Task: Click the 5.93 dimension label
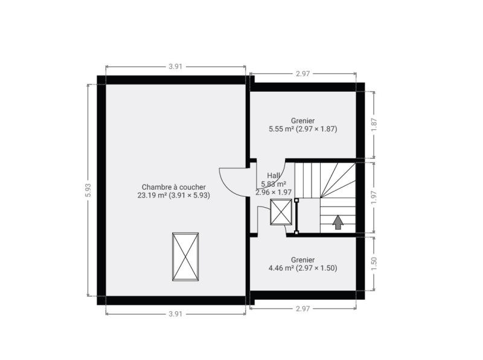coord(88,190)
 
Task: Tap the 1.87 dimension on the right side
coord(374,124)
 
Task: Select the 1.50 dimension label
coord(374,264)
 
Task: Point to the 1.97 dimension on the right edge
coord(374,198)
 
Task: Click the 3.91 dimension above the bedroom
coord(176,66)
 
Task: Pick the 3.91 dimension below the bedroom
coord(176,313)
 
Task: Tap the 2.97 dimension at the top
coord(302,74)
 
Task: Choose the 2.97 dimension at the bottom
coord(302,309)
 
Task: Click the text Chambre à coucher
coord(174,187)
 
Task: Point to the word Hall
coord(273,176)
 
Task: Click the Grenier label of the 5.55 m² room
coord(303,121)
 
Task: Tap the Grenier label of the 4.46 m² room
coord(303,260)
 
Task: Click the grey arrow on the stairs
coord(338,222)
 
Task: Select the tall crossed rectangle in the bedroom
coord(185,257)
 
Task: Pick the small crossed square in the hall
coord(281,212)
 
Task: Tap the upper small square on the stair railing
coord(296,201)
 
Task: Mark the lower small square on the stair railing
coord(296,233)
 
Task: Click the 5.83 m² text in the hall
coord(273,184)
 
